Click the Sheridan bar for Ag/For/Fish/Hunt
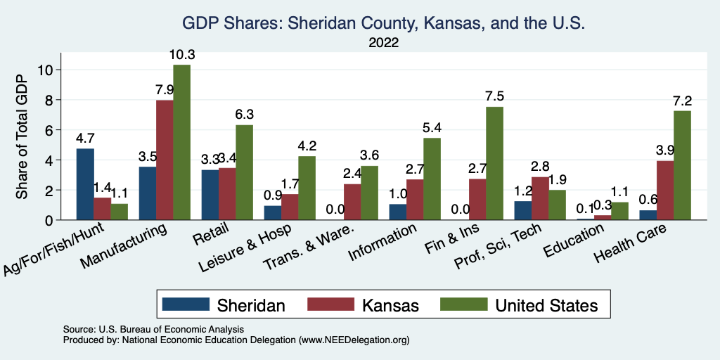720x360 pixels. [85, 184]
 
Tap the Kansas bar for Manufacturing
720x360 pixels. [165, 160]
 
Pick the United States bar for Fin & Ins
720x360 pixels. [494, 164]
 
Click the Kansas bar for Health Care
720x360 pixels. [664, 191]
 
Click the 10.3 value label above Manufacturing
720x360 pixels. [181, 54]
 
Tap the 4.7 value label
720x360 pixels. [85, 138]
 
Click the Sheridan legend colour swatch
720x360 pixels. [186, 304]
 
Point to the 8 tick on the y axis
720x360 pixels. [48, 100]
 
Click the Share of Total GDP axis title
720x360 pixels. [23, 136]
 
